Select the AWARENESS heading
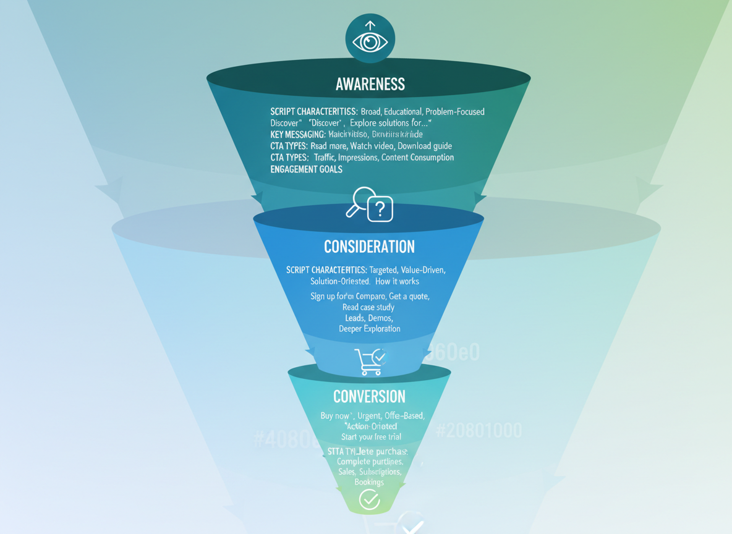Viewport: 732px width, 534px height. [x=370, y=85]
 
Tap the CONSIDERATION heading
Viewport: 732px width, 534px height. [x=369, y=247]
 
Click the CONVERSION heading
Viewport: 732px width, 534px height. [x=369, y=396]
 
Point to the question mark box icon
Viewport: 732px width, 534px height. [x=380, y=209]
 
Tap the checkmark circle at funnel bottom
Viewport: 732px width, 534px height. [x=369, y=499]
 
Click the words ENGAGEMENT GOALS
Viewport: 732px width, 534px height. [x=306, y=169]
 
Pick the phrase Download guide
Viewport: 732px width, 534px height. [x=425, y=146]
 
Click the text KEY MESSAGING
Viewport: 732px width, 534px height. [x=297, y=135]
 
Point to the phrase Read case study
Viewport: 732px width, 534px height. [x=368, y=307]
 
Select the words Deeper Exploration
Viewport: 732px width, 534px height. [x=369, y=329]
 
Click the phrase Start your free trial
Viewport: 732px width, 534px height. [x=370, y=437]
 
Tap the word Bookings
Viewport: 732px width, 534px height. [x=369, y=482]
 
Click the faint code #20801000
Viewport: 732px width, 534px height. [x=479, y=431]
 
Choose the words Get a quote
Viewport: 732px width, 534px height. [x=409, y=296]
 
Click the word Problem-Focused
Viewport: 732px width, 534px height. [x=455, y=112]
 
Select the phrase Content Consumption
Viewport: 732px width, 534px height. [x=417, y=158]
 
